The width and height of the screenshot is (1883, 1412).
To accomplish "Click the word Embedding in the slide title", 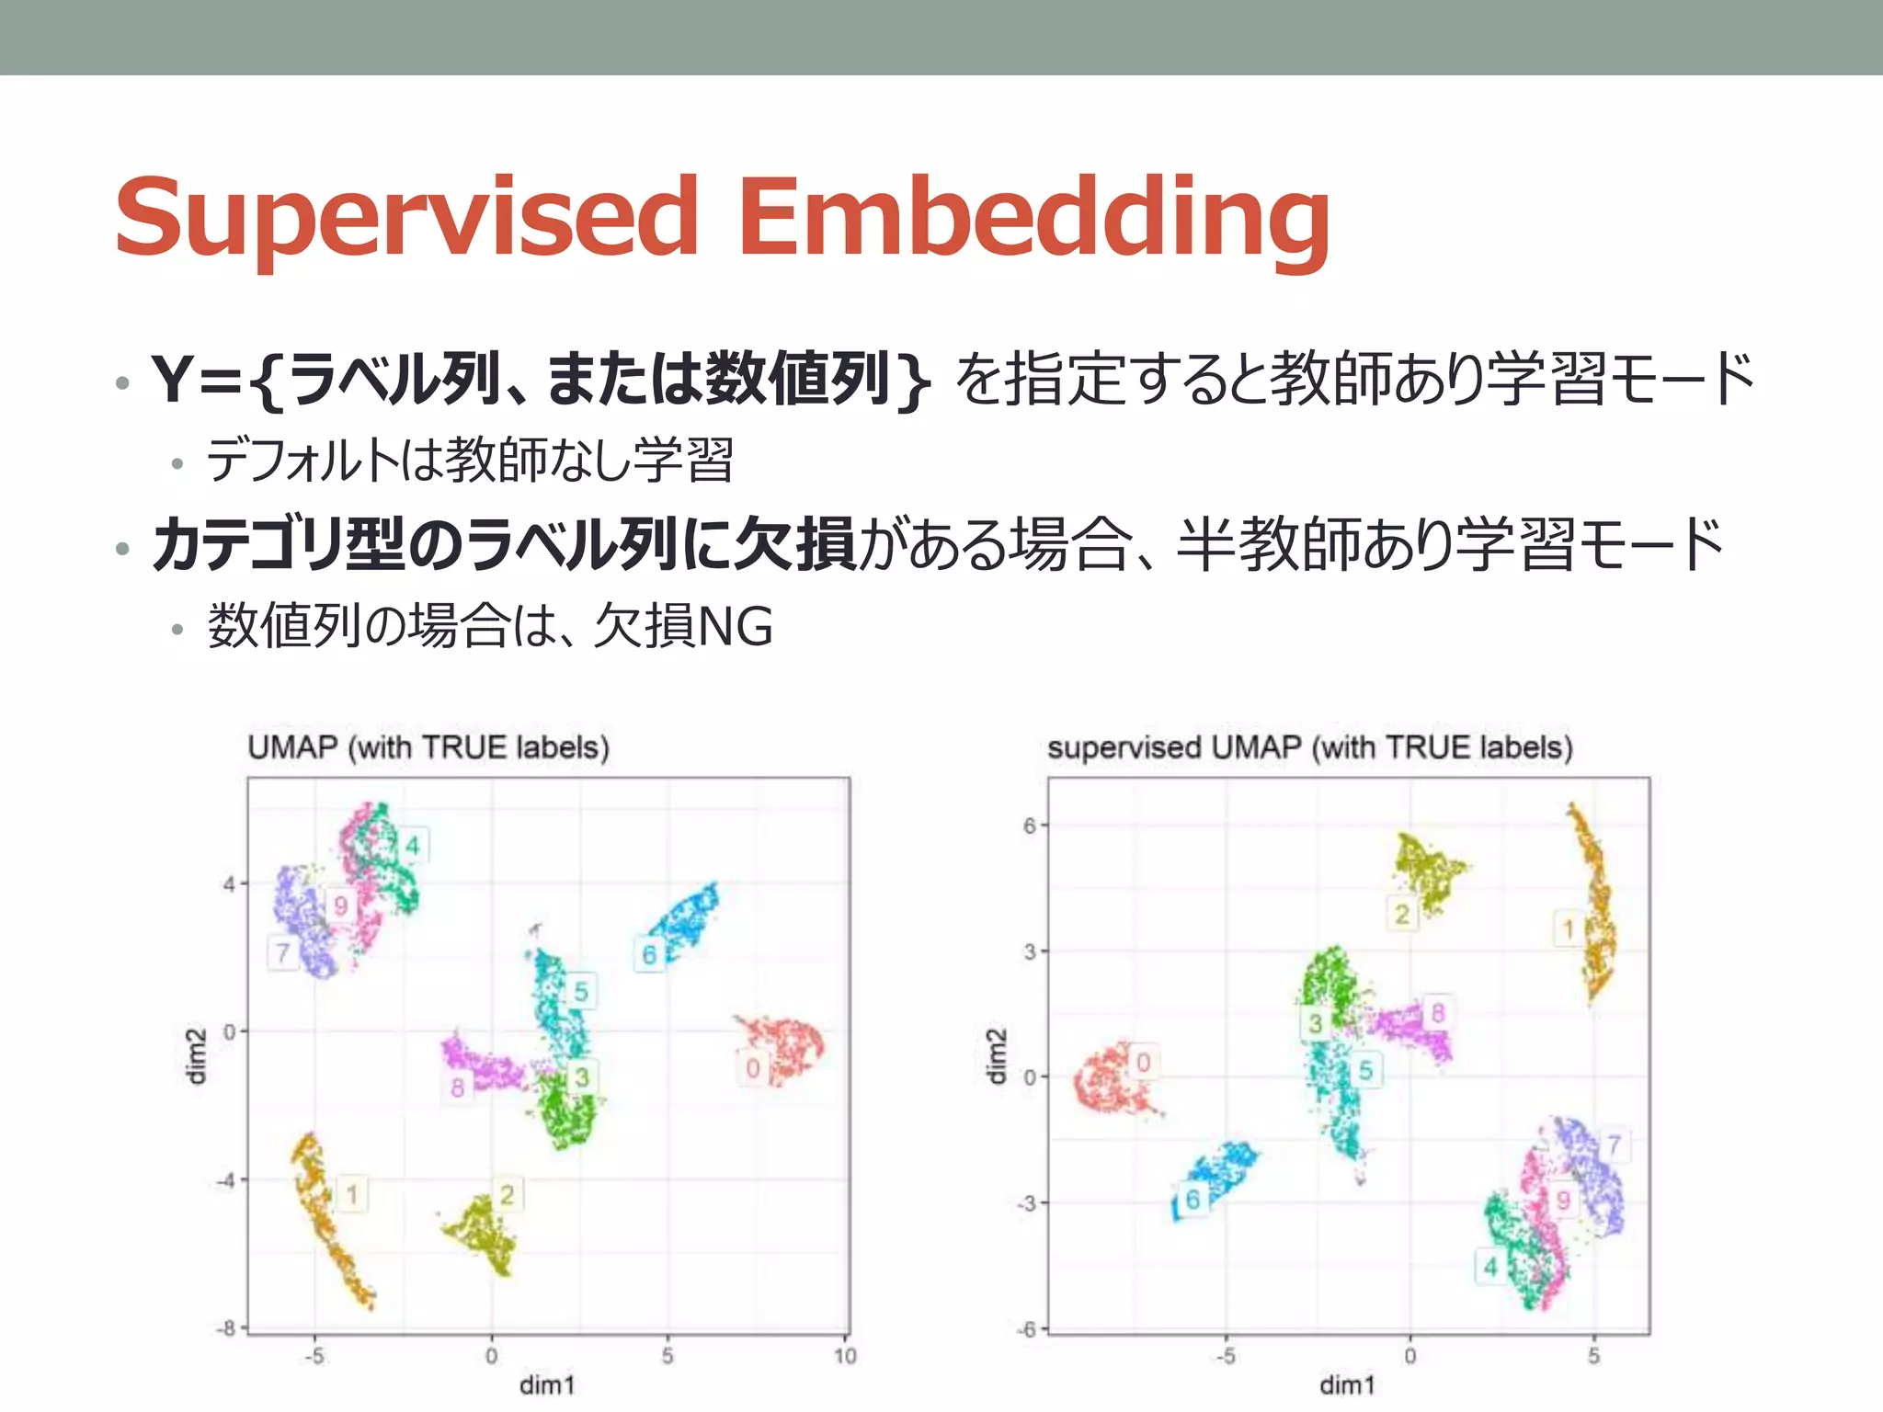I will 1033,217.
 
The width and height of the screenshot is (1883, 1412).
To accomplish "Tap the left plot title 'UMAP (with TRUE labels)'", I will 428,747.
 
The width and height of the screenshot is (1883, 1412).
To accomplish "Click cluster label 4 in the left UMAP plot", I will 412,846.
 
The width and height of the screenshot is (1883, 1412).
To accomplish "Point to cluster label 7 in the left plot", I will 283,953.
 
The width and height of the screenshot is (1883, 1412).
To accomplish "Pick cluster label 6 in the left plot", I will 649,955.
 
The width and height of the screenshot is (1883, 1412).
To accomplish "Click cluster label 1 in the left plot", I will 352,1194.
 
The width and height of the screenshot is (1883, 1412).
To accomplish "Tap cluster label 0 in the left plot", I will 753,1068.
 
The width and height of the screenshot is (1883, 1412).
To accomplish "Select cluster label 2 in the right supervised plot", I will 1402,914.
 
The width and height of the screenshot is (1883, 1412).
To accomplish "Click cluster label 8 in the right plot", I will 1438,1013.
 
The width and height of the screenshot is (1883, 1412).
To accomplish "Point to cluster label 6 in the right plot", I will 1193,1199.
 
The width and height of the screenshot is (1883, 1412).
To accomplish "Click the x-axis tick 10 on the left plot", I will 845,1356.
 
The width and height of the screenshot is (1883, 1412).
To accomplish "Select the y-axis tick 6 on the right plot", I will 1030,826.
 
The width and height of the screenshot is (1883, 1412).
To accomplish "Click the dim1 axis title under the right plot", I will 1347,1385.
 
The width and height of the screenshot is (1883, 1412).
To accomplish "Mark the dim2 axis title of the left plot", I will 196,1056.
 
